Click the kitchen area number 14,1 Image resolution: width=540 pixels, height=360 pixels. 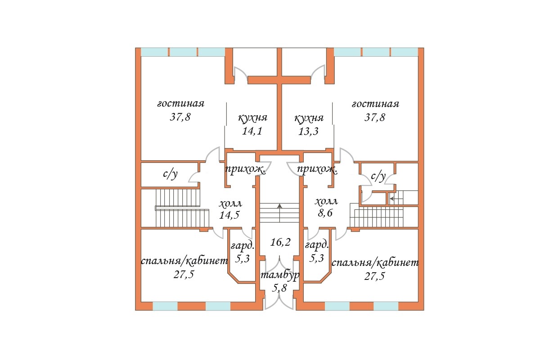(x=252, y=131)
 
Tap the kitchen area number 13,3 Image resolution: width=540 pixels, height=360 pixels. (x=308, y=131)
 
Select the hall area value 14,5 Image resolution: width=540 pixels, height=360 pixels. (x=229, y=215)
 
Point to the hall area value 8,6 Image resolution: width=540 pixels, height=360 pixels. (x=325, y=213)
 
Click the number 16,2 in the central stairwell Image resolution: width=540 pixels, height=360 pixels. (x=280, y=242)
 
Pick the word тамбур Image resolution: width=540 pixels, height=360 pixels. (x=280, y=275)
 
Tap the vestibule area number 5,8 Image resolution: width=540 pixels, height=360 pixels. (x=279, y=288)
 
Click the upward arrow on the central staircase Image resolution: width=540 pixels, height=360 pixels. (x=279, y=213)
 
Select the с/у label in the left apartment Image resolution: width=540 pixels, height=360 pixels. (x=171, y=174)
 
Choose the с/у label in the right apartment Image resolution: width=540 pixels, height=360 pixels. (x=378, y=176)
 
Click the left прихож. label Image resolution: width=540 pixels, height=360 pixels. (x=245, y=170)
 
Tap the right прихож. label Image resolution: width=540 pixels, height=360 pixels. (x=317, y=170)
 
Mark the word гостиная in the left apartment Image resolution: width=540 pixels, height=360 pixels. (x=181, y=103)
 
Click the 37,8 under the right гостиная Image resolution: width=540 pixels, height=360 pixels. (x=375, y=117)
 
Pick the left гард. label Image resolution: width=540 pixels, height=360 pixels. (x=243, y=246)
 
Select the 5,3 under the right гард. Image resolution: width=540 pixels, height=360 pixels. (x=316, y=258)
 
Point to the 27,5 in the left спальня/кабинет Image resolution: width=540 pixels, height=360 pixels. (x=184, y=274)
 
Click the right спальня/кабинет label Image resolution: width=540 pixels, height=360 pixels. (x=375, y=263)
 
